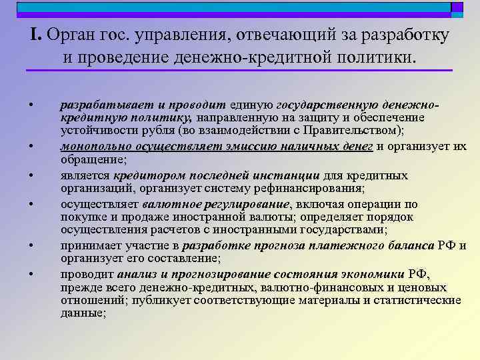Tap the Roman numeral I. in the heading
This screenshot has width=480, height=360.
pos(37,35)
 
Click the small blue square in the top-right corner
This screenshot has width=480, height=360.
pos(457,7)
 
